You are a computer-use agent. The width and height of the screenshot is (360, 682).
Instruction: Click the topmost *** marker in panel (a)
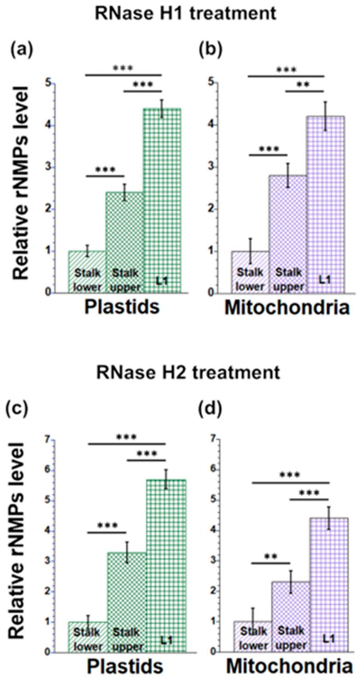click(x=124, y=69)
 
